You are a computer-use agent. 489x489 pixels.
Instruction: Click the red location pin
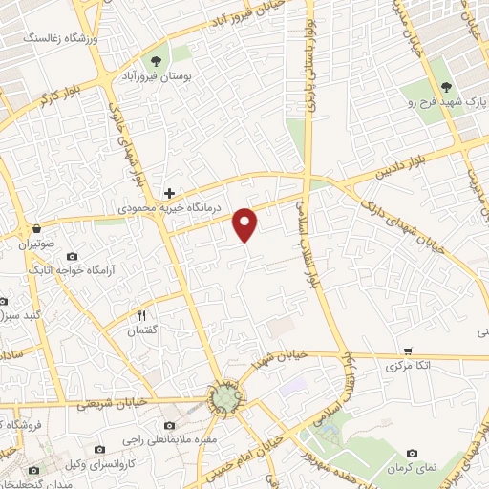point(245,223)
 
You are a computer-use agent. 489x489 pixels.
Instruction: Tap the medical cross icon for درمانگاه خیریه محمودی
point(169,192)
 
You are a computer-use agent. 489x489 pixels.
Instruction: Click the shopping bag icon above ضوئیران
point(36,230)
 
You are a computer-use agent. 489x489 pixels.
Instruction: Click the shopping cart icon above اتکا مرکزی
point(408,351)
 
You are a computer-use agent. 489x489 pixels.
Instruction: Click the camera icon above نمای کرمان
point(412,453)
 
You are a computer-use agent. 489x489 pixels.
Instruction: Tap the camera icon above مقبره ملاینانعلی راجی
point(169,425)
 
